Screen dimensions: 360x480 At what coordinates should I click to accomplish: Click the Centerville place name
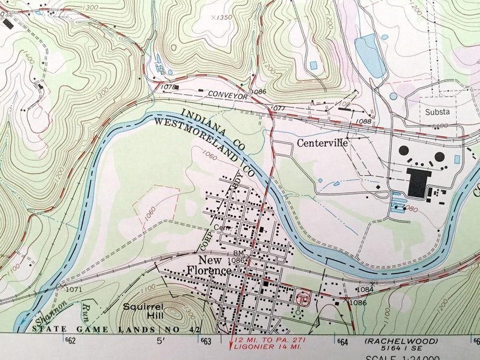pos(322,144)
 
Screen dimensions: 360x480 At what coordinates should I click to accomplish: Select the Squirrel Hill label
pos(141,310)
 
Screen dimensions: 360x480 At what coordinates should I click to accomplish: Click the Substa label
pos(437,112)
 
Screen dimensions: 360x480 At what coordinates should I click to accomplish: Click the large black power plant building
pos(419,182)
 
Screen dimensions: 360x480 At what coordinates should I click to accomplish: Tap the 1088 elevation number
pos(364,121)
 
